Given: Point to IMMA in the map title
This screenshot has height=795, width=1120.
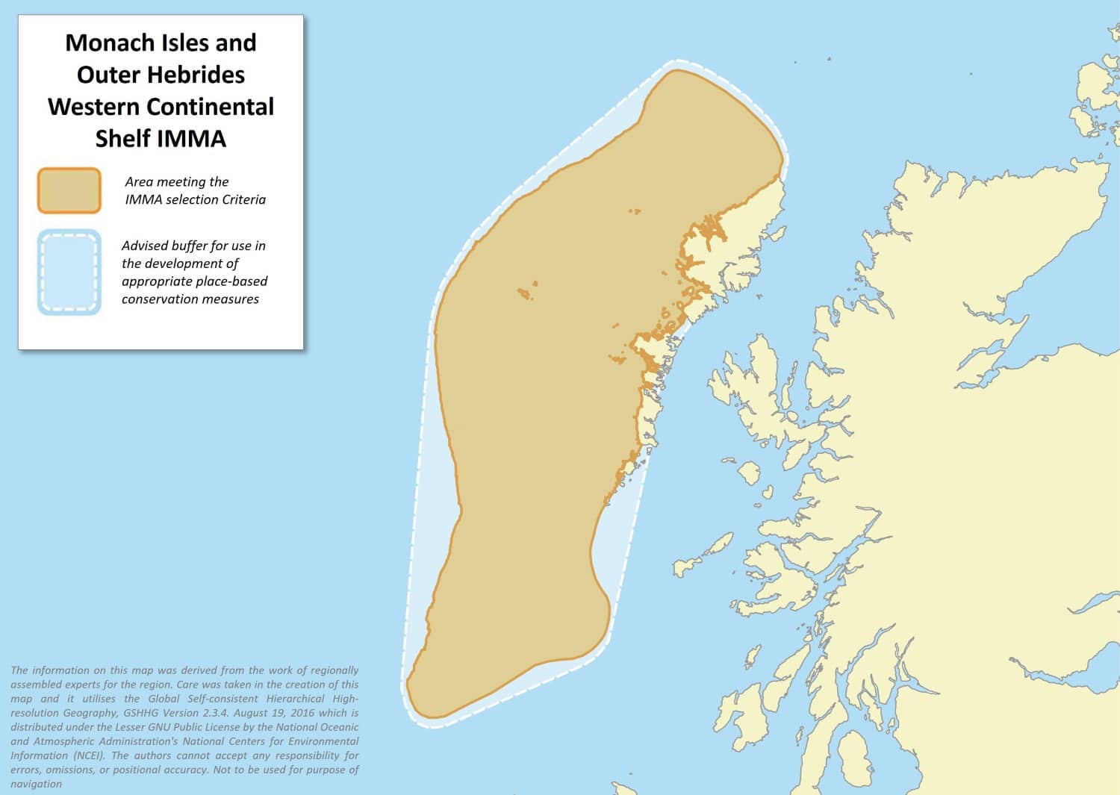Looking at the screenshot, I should [191, 139].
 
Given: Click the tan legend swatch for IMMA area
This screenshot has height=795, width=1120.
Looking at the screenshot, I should [69, 190].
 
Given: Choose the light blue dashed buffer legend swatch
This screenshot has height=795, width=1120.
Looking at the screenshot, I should [69, 272].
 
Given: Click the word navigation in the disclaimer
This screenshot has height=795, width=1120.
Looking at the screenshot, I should [36, 784].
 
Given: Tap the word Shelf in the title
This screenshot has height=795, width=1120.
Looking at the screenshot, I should [122, 139].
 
